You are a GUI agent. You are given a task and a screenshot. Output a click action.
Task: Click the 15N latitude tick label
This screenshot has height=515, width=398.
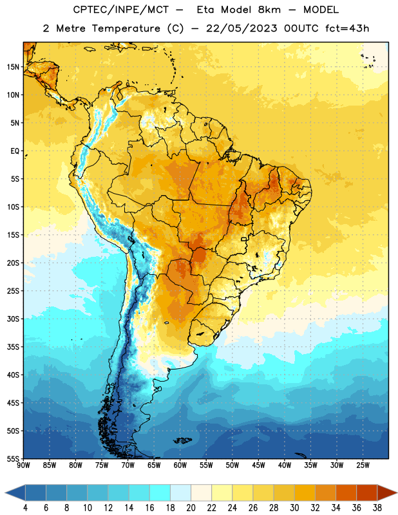(13, 67)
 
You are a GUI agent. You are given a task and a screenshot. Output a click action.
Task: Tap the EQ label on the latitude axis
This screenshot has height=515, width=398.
(15, 151)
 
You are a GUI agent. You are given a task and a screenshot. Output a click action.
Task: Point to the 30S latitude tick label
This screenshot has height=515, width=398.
(13, 319)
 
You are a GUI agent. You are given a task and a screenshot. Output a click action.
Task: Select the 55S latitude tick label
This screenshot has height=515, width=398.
(13, 458)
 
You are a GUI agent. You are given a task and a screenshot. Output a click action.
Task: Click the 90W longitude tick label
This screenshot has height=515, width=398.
(24, 465)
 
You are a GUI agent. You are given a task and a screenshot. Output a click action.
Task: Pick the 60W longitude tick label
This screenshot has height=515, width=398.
(180, 465)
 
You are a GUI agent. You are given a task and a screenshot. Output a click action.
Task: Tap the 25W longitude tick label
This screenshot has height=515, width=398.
(363, 465)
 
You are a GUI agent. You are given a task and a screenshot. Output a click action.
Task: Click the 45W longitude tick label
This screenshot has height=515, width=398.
(258, 465)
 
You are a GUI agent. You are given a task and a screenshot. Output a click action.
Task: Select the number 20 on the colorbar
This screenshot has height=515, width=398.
(191, 508)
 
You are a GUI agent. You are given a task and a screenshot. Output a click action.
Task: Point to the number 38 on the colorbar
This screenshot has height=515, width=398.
(377, 508)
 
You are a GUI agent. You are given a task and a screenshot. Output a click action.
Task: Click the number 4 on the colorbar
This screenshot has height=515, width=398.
(25, 508)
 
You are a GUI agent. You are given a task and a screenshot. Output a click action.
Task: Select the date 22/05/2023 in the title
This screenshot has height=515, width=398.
(242, 28)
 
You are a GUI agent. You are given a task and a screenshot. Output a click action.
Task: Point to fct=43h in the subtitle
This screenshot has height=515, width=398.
(347, 28)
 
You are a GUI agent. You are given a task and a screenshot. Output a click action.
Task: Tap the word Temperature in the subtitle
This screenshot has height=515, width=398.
(126, 28)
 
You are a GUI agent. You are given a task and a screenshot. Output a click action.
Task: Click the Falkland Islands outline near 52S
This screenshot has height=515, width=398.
(182, 440)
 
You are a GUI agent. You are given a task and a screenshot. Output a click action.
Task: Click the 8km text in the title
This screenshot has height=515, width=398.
(269, 10)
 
